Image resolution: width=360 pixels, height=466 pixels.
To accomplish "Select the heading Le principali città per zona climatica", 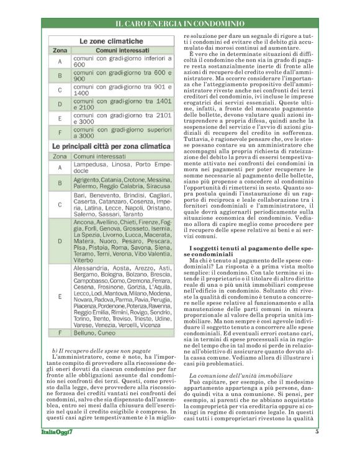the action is [110, 145].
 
